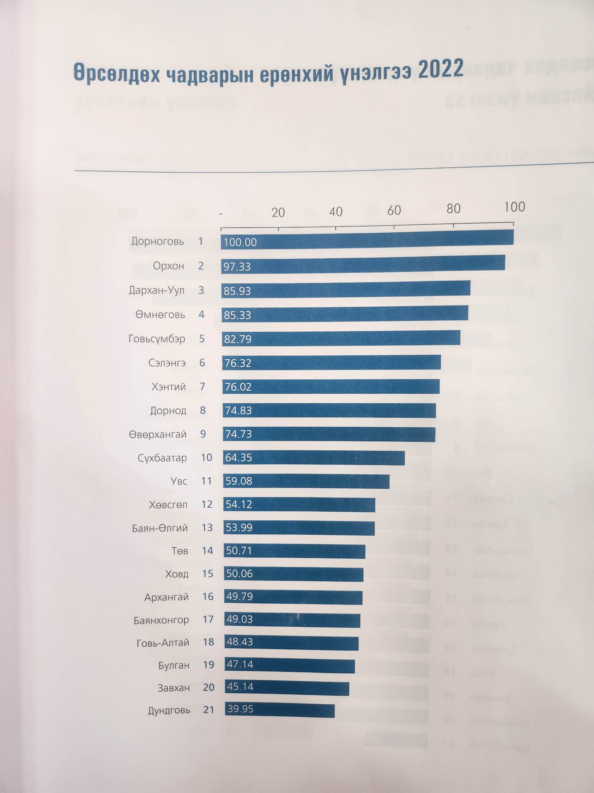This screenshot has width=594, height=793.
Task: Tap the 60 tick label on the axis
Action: (394, 211)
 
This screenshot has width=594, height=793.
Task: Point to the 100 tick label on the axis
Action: (514, 207)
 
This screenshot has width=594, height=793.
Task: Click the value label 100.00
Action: (240, 242)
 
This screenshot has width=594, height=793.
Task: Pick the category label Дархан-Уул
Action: (157, 290)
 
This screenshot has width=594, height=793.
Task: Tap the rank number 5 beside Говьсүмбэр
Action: (202, 339)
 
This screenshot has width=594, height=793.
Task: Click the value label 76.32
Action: (238, 363)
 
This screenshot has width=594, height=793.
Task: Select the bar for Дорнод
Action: (329, 410)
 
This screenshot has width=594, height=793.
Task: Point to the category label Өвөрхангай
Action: (158, 434)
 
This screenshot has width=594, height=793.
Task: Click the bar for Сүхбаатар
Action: (314, 458)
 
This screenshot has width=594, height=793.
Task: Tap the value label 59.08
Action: (239, 481)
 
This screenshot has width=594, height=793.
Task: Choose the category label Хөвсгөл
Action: (168, 505)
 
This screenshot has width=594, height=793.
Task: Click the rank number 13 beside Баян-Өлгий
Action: (207, 528)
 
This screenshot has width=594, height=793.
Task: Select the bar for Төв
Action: (294, 551)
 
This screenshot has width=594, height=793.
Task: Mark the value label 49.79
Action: (239, 596)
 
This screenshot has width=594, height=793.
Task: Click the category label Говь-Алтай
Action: (163, 643)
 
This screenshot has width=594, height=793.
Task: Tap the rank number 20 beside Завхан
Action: (208, 688)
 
